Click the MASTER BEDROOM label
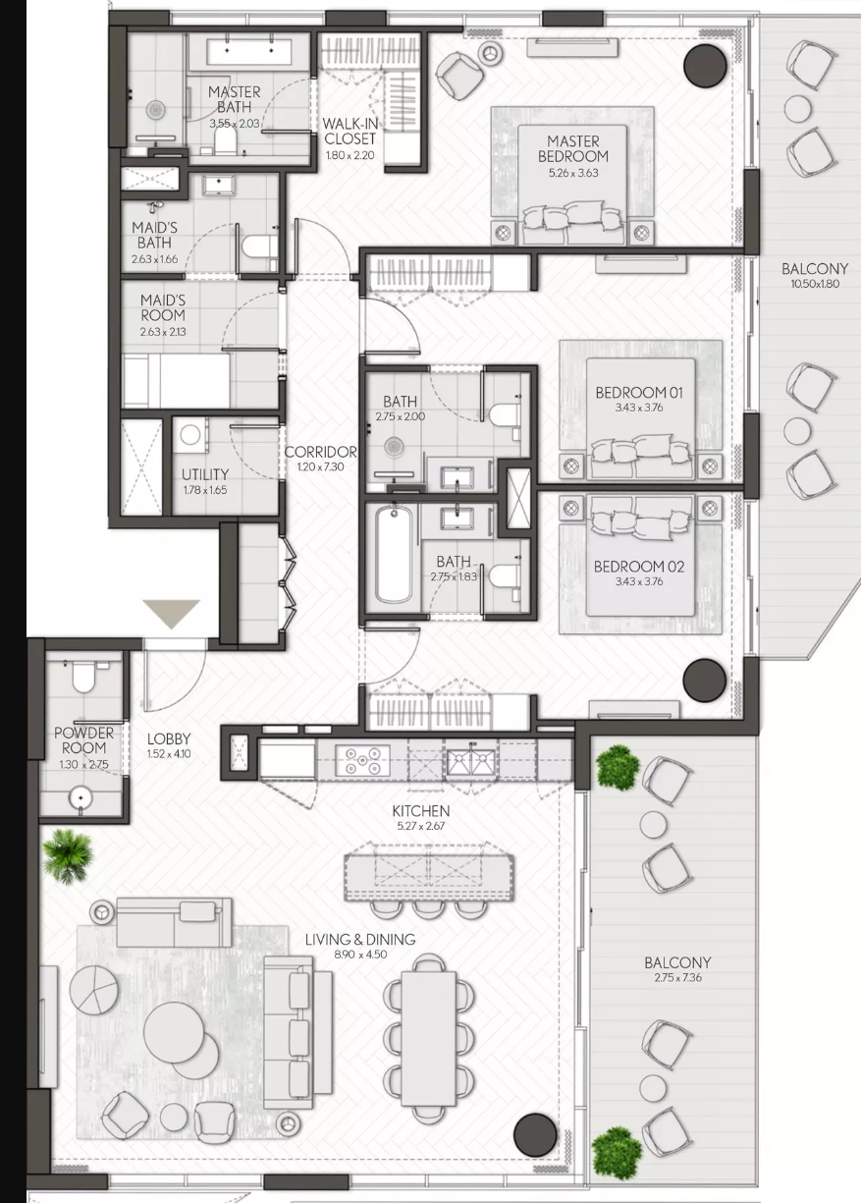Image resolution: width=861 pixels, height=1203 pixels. click(572, 148)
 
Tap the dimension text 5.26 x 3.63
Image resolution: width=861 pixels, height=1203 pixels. click(573, 173)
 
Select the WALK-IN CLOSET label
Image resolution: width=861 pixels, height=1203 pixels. click(350, 131)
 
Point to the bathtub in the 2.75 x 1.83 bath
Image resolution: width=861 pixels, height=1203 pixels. click(394, 556)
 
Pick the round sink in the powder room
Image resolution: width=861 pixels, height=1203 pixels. click(81, 797)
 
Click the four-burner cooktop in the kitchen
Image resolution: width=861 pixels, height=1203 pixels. click(362, 760)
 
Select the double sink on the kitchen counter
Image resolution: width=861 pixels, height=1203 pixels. click(471, 760)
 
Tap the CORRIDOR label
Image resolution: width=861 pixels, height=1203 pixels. click(320, 452)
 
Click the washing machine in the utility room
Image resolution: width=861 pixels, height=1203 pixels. click(191, 434)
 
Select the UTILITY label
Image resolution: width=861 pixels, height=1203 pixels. click(205, 474)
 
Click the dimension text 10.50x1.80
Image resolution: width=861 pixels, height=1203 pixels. click(815, 284)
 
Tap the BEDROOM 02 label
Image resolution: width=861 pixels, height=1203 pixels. click(639, 567)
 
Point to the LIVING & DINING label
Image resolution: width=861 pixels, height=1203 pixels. click(360, 939)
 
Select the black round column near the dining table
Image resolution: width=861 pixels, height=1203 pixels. click(535, 1133)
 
